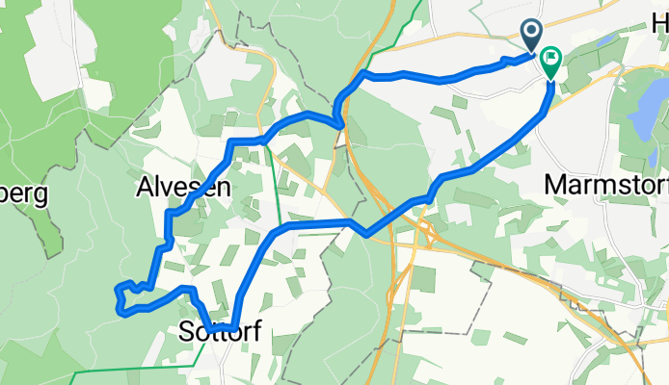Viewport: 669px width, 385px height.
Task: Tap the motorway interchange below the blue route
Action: pos(424,231)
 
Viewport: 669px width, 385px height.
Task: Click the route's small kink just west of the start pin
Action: pos(505,62)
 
